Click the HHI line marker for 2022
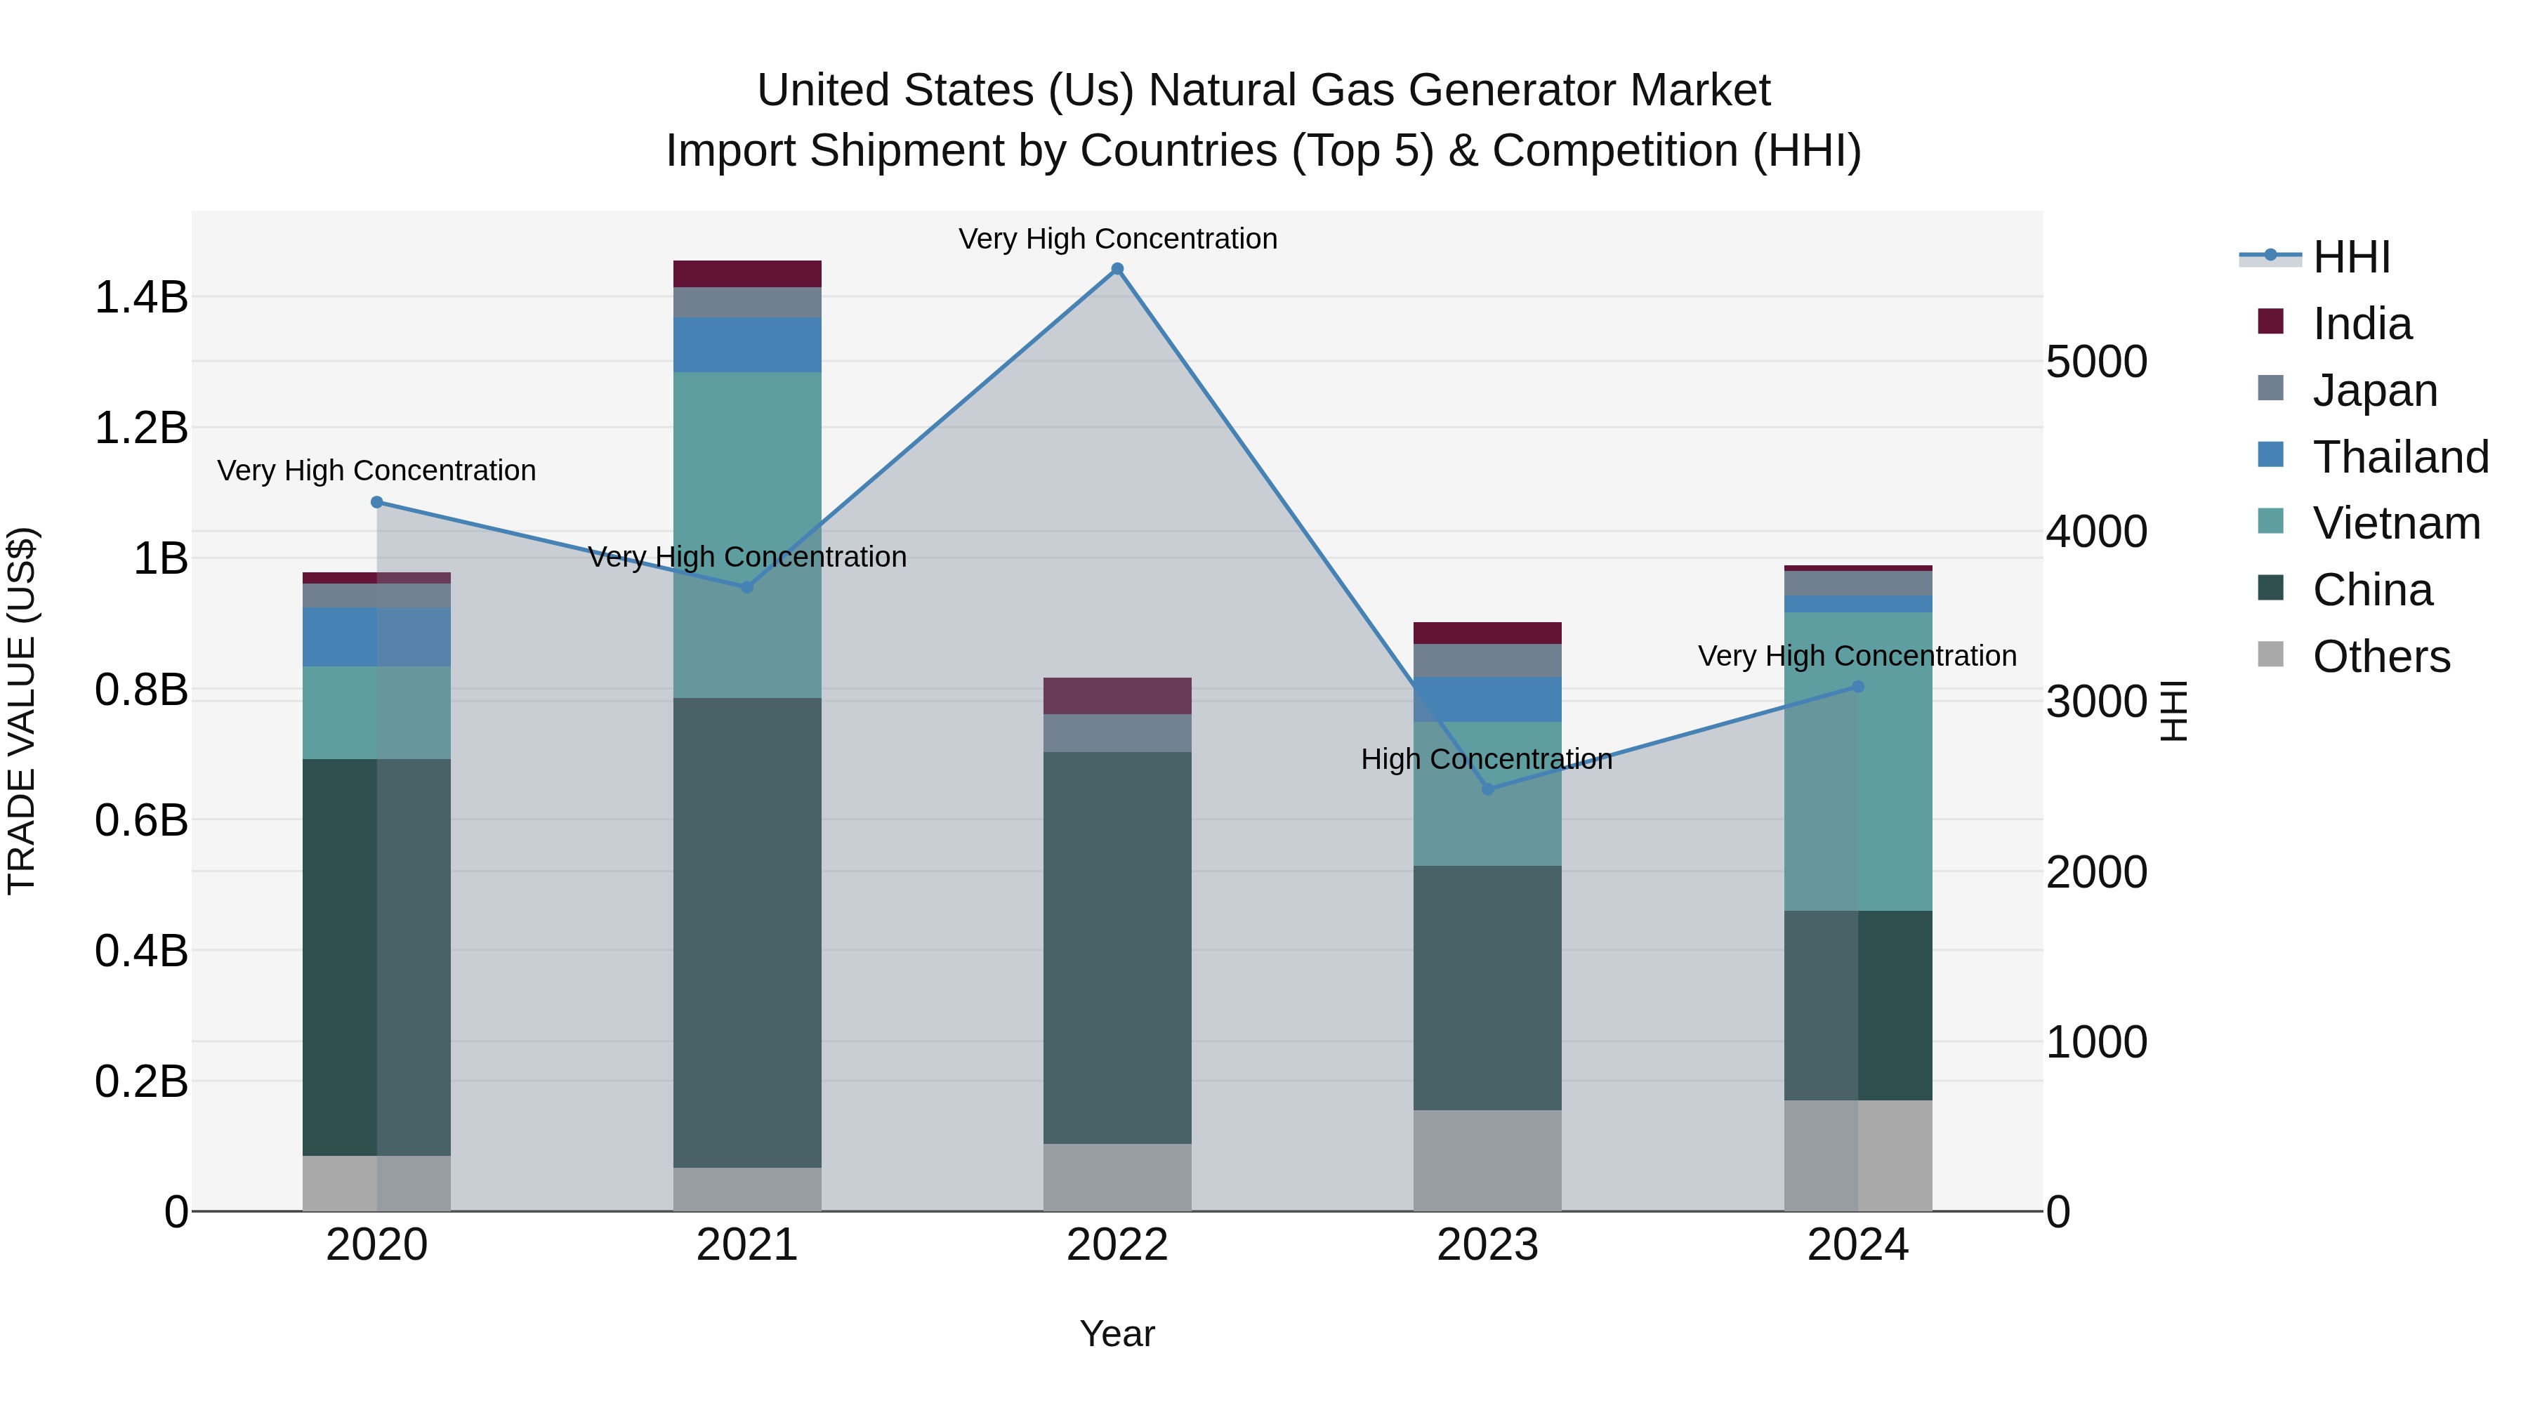(x=1117, y=269)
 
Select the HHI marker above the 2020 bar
(x=377, y=503)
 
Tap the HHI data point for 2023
(x=1488, y=789)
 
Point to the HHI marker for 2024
(x=1857, y=687)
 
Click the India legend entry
(x=2361, y=324)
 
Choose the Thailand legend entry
(x=2399, y=457)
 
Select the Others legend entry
(x=2381, y=657)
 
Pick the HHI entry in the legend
(x=2351, y=257)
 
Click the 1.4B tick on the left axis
(x=141, y=297)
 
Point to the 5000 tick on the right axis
(x=2097, y=362)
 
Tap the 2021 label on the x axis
(x=747, y=1245)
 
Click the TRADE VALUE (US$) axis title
(x=22, y=711)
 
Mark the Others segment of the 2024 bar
(x=1857, y=1155)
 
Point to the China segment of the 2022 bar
(x=1117, y=947)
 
